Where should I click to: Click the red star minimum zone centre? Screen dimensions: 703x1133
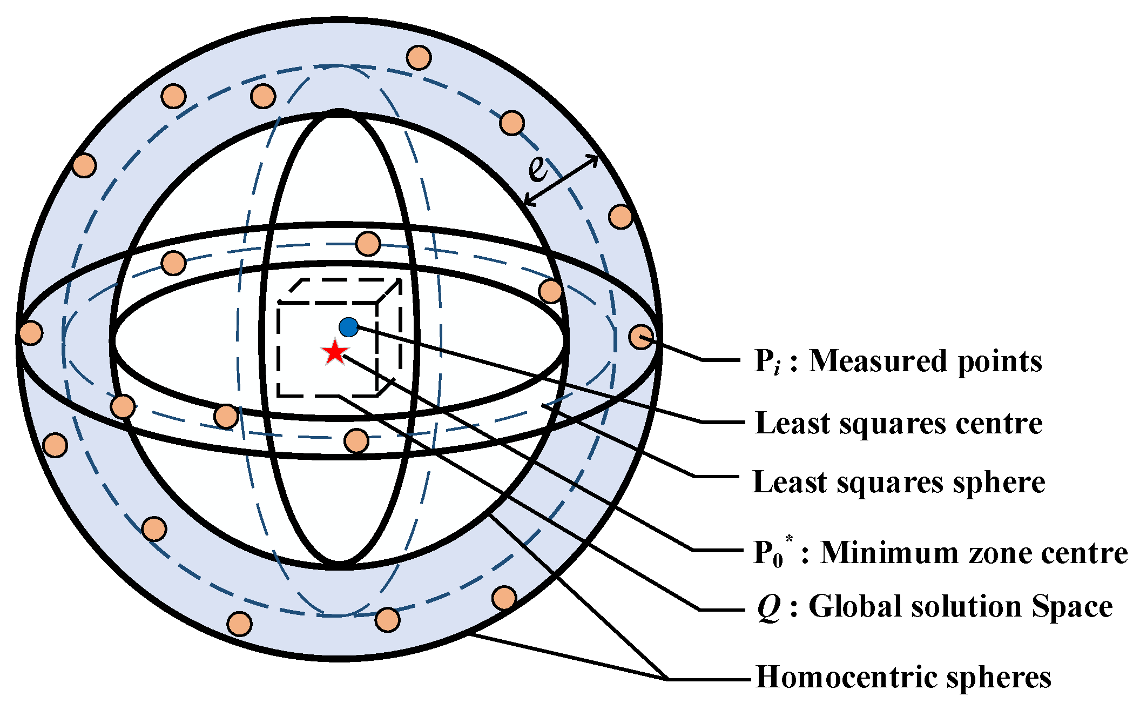coord(335,352)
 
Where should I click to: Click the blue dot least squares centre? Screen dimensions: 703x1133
coord(348,327)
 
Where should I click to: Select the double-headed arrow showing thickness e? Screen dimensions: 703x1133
coord(562,180)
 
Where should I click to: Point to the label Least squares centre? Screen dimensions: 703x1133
coord(899,423)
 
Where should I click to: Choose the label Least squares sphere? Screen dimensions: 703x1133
coord(899,482)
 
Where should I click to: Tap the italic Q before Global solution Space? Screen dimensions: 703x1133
coord(768,607)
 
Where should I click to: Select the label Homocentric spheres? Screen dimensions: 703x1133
coord(903,677)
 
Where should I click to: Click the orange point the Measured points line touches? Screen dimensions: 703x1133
coord(640,337)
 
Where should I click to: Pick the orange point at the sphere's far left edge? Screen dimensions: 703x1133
coord(31,332)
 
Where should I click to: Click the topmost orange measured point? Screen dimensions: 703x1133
coord(419,57)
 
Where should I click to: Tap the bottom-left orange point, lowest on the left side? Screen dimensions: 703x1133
coord(239,624)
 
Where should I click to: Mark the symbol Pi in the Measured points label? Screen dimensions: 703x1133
coord(767,361)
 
